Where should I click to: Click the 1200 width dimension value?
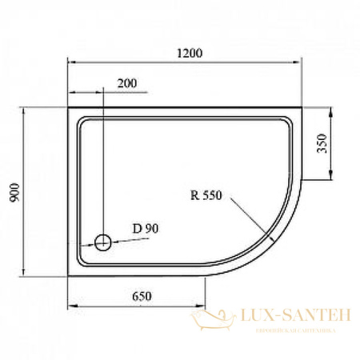[190, 54]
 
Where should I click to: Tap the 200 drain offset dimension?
[126, 82]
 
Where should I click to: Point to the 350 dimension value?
[322, 144]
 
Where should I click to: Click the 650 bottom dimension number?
[142, 297]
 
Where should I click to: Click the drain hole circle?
[103, 242]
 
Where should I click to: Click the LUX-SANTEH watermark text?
[289, 318]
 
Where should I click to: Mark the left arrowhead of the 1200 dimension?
[70, 62]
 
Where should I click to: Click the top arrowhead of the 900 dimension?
[27, 111]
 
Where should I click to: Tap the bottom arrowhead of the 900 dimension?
[27, 272]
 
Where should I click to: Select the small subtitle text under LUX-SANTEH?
[289, 330]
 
